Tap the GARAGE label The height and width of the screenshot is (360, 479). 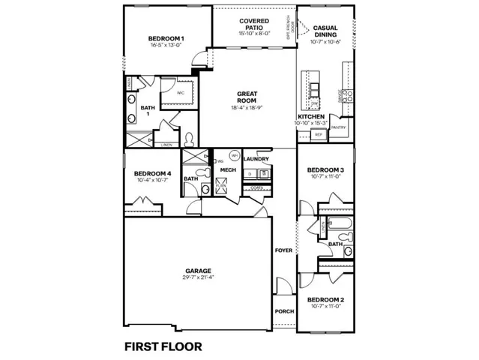coord(199,271)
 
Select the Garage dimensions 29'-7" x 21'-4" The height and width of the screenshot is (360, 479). coord(199,277)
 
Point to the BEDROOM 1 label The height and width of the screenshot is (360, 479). coord(166,38)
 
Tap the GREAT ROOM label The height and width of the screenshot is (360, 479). coord(247,97)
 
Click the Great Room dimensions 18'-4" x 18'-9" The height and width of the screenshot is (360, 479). coord(247,108)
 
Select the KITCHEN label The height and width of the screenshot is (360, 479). coord(310,118)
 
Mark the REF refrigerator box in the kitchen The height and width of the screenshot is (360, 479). coord(318,135)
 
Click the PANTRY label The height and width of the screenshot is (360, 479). coord(338,127)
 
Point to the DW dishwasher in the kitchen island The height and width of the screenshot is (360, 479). coord(315,104)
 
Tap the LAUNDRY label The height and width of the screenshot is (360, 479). coord(256,159)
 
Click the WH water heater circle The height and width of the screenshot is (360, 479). coord(234,156)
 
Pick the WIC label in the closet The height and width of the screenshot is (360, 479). coord(181,93)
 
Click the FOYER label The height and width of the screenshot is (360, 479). coord(283,250)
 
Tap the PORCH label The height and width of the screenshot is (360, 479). coord(284,310)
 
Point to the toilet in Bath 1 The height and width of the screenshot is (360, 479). coord(190,139)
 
